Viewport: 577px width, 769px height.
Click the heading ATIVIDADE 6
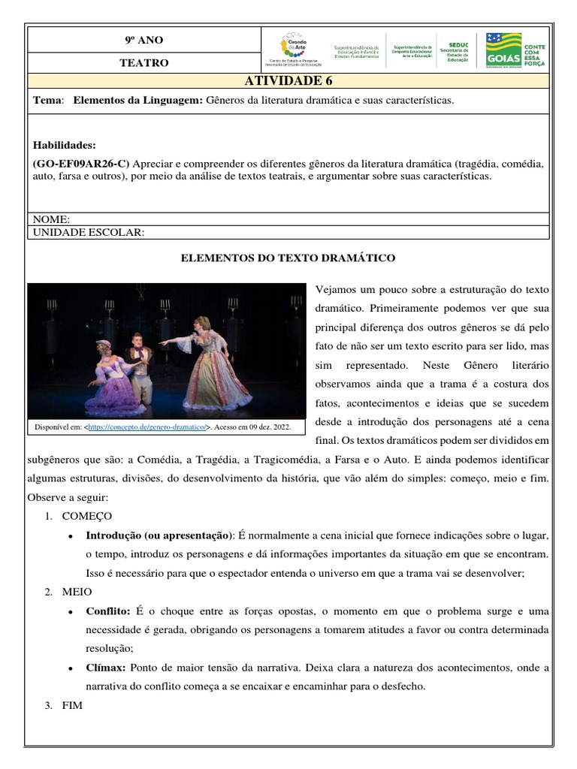click(x=288, y=81)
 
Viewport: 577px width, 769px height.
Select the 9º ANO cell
click(x=143, y=40)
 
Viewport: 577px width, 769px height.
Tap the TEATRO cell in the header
click(x=143, y=63)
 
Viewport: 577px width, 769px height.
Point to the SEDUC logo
click(x=456, y=50)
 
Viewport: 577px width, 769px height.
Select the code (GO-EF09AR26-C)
click(x=81, y=163)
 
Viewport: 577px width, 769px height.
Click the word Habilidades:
click(x=65, y=145)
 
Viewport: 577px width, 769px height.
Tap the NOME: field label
click(x=51, y=219)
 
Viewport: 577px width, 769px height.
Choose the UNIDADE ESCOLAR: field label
click(x=88, y=233)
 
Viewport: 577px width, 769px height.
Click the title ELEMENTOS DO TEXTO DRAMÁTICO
click(x=288, y=258)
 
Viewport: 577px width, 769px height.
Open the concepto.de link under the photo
click(x=147, y=427)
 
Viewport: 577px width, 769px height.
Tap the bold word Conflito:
click(x=108, y=611)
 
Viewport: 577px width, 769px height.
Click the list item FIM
click(x=72, y=705)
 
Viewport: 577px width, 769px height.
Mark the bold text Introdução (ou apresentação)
click(x=159, y=535)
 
